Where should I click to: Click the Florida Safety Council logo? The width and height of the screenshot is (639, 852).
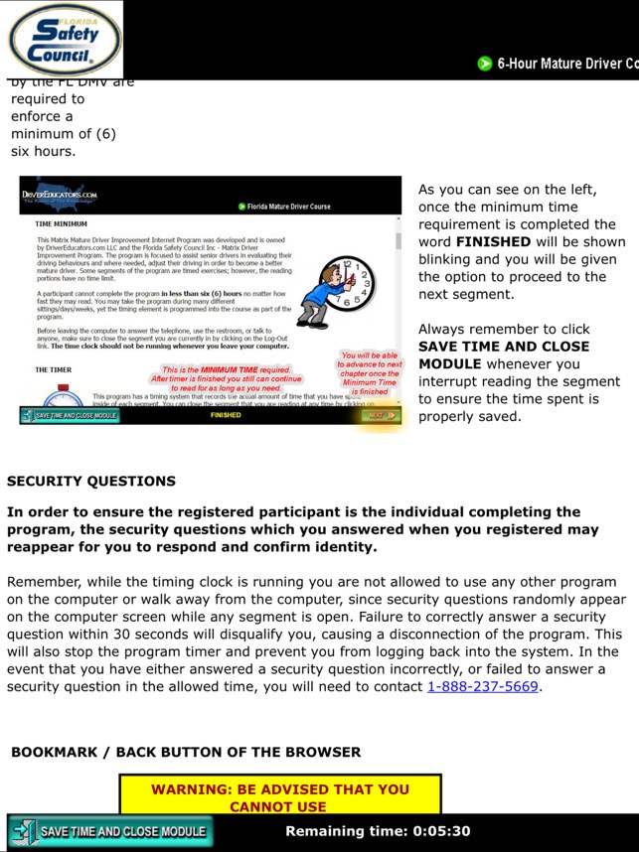(63, 40)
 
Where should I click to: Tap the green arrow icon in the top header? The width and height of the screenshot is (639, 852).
(485, 64)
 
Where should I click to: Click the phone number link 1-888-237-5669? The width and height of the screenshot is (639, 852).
(482, 686)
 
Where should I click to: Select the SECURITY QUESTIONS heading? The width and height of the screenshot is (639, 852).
(91, 481)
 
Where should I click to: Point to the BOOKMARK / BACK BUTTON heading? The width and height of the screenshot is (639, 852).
(186, 752)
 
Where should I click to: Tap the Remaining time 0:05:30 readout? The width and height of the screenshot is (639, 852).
(378, 831)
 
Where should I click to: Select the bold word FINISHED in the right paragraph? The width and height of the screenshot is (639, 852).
(493, 241)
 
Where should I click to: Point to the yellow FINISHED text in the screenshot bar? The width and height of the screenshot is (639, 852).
(226, 415)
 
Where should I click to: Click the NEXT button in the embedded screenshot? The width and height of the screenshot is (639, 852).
(381, 415)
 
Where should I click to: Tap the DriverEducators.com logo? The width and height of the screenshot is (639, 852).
(61, 196)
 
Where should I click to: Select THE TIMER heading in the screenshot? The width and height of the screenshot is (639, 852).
(54, 369)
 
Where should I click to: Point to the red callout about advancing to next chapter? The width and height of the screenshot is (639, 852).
(370, 372)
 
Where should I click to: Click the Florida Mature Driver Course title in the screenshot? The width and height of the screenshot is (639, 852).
(289, 207)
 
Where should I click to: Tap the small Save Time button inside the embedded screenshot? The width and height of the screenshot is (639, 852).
(71, 415)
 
